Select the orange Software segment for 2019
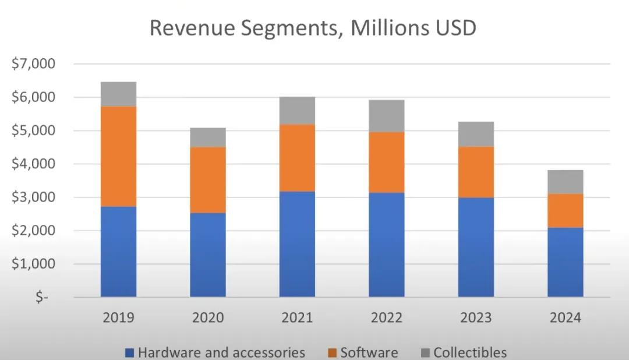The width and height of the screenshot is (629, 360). pyautogui.click(x=118, y=156)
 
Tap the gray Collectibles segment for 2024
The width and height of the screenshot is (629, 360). pyautogui.click(x=565, y=182)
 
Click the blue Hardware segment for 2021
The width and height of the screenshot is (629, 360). pyautogui.click(x=297, y=244)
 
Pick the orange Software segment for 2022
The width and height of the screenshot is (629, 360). pyautogui.click(x=386, y=162)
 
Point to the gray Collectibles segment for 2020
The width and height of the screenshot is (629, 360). pyautogui.click(x=208, y=137)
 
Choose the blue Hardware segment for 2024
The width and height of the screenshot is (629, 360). pyautogui.click(x=565, y=262)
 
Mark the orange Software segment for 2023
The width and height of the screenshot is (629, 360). pyautogui.click(x=476, y=172)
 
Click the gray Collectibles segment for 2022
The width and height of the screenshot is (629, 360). pyautogui.click(x=386, y=116)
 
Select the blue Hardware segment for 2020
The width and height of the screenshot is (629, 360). pyautogui.click(x=208, y=255)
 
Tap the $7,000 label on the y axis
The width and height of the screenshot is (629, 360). pyautogui.click(x=33, y=64)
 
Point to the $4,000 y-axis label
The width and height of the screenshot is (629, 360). pyautogui.click(x=33, y=164)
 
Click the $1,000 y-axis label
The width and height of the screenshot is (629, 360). pyautogui.click(x=33, y=264)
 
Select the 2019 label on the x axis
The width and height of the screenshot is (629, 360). pyautogui.click(x=118, y=318)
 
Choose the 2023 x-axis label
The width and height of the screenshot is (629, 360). pyautogui.click(x=476, y=318)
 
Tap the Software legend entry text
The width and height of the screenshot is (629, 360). pyautogui.click(x=369, y=352)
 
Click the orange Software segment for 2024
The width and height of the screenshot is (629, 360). pyautogui.click(x=565, y=210)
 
